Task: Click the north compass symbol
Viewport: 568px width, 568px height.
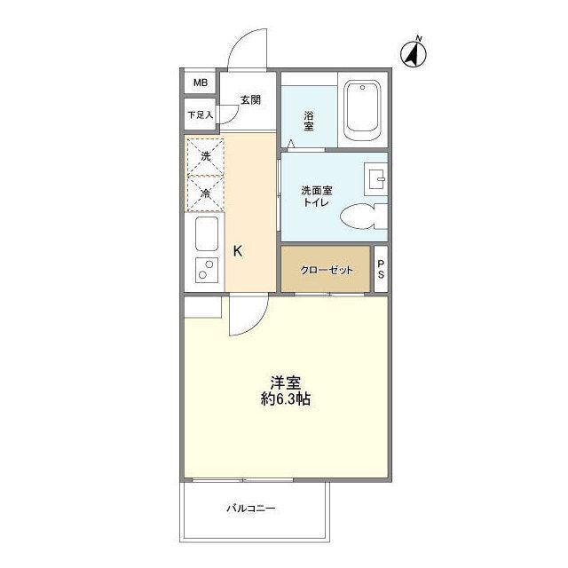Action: [414, 53]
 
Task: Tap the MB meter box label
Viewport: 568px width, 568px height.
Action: [201, 83]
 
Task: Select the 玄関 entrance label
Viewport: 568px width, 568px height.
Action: [250, 100]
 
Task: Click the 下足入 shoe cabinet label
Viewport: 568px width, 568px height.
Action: [201, 115]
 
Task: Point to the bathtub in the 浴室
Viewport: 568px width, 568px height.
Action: [363, 110]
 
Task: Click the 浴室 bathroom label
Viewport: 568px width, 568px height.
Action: [309, 121]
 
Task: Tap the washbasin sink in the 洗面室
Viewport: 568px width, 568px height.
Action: [376, 178]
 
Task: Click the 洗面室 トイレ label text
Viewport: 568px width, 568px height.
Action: [317, 196]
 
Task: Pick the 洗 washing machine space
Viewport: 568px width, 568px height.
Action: [205, 157]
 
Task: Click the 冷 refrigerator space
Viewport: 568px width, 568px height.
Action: [205, 193]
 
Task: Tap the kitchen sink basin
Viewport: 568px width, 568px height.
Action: [207, 233]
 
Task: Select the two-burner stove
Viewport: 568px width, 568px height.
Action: [207, 270]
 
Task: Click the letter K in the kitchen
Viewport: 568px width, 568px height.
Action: [238, 250]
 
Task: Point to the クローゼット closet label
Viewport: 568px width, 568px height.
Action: [326, 270]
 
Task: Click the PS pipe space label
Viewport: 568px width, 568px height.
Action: [381, 270]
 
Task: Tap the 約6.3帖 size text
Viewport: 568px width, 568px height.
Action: [286, 398]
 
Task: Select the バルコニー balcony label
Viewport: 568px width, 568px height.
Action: [251, 509]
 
